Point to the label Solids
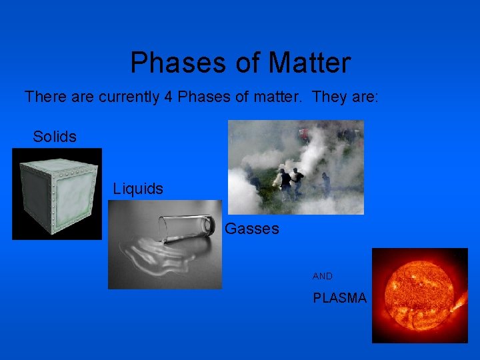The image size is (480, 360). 55,137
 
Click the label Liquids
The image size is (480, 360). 138,189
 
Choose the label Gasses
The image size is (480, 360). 252,229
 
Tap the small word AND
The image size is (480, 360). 323,276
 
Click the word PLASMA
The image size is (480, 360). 340,299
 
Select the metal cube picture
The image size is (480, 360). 57,193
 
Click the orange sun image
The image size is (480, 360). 419,295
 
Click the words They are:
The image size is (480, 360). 345,97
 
